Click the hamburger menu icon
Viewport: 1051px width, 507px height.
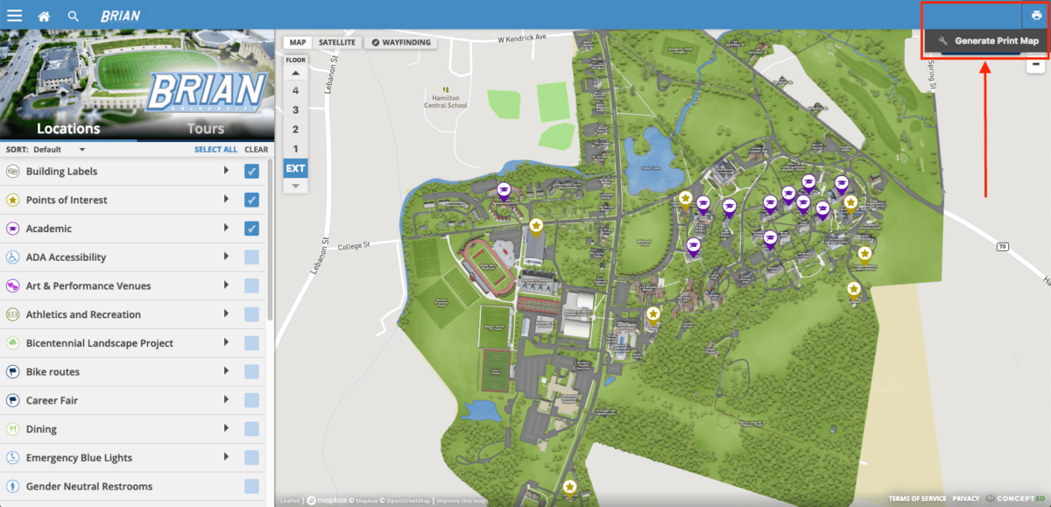pyautogui.click(x=14, y=15)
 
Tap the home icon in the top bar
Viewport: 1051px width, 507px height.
pyautogui.click(x=44, y=16)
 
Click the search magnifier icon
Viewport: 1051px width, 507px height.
pyautogui.click(x=73, y=16)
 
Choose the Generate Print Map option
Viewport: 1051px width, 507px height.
pyautogui.click(x=988, y=41)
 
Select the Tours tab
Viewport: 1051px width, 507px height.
pyautogui.click(x=205, y=129)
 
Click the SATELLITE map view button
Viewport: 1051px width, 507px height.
pyautogui.click(x=336, y=42)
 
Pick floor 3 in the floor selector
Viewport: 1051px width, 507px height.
pyautogui.click(x=295, y=109)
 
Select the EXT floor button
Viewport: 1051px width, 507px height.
pyautogui.click(x=295, y=168)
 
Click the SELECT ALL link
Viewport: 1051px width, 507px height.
pyautogui.click(x=215, y=150)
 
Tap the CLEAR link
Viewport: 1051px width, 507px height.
pyautogui.click(x=256, y=150)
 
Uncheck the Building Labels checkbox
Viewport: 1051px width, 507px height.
pyautogui.click(x=251, y=172)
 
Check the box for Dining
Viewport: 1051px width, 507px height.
pyautogui.click(x=251, y=429)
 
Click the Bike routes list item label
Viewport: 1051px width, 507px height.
pyautogui.click(x=53, y=372)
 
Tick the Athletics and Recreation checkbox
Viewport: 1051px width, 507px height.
pyautogui.click(x=251, y=314)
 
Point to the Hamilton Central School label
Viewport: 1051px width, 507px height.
pyautogui.click(x=445, y=101)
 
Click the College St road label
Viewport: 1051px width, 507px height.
pyautogui.click(x=355, y=247)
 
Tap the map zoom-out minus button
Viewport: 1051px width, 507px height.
pyautogui.click(x=1035, y=64)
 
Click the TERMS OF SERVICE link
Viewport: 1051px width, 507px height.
pyautogui.click(x=917, y=498)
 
